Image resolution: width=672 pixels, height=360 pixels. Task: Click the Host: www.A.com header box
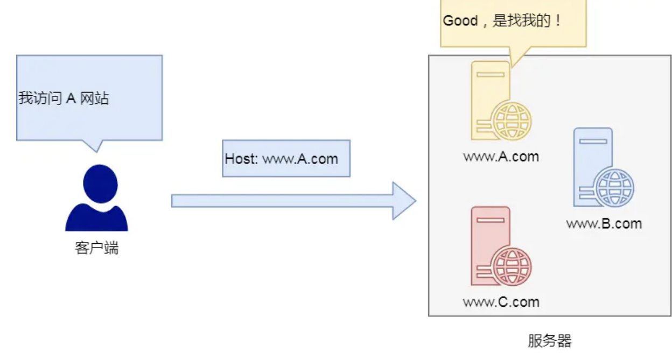tap(286, 159)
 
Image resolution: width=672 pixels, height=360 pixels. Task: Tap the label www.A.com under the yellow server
tap(501, 157)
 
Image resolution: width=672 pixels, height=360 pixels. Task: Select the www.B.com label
tap(604, 223)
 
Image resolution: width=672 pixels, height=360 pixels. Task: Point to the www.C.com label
tap(501, 301)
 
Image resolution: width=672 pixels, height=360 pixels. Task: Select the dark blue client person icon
tap(96, 199)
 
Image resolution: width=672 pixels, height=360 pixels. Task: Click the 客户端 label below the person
tap(96, 249)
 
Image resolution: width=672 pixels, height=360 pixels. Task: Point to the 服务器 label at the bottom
tap(549, 341)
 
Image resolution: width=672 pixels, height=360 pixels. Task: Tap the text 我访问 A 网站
tap(64, 98)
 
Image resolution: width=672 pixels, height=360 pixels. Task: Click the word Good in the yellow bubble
tap(460, 21)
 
